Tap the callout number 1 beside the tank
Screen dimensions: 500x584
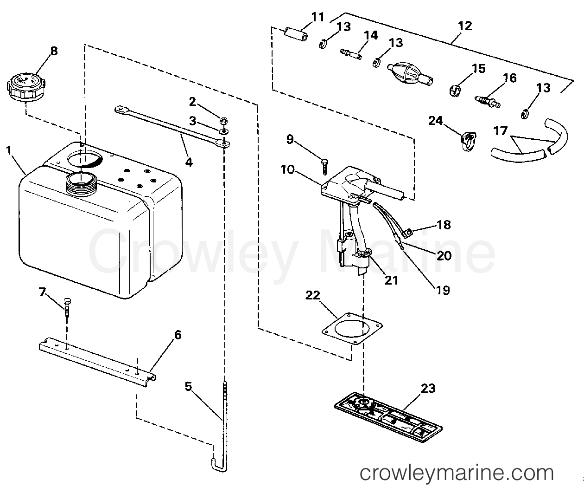click(8, 150)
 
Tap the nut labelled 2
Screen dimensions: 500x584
click(222, 119)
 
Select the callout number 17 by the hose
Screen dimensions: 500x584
click(501, 131)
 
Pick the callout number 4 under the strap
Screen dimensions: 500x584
click(188, 162)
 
